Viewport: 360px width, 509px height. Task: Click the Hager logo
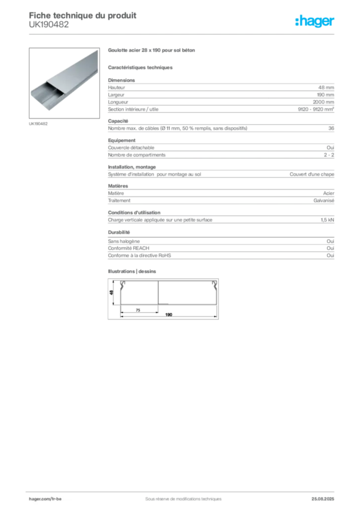coord(315,21)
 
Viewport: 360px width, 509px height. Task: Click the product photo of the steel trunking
coord(64,83)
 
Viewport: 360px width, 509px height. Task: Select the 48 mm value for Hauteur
coord(326,87)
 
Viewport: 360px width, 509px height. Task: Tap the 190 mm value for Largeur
coord(325,95)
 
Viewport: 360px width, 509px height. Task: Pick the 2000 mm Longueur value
coord(323,102)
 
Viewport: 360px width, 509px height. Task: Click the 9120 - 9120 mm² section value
coord(316,109)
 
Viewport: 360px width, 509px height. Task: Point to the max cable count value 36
coord(331,128)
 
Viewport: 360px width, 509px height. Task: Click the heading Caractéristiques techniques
coord(140,68)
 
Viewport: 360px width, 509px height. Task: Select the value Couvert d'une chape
coord(312,174)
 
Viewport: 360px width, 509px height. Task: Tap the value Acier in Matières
coord(329,193)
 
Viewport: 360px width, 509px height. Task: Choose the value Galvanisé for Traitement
coord(324,201)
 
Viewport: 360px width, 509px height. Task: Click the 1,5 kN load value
coord(327,220)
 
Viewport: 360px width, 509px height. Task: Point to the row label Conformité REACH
coord(129,249)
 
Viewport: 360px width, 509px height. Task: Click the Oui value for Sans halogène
coord(331,241)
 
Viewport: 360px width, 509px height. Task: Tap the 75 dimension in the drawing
coord(138,310)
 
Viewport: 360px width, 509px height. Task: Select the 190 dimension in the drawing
coord(169,315)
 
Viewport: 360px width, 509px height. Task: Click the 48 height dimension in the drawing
coord(111,292)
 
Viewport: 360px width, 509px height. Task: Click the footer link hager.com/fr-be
coord(45,499)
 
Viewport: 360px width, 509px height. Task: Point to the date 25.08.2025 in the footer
coord(323,499)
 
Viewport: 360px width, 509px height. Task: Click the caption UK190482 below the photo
coord(38,124)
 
